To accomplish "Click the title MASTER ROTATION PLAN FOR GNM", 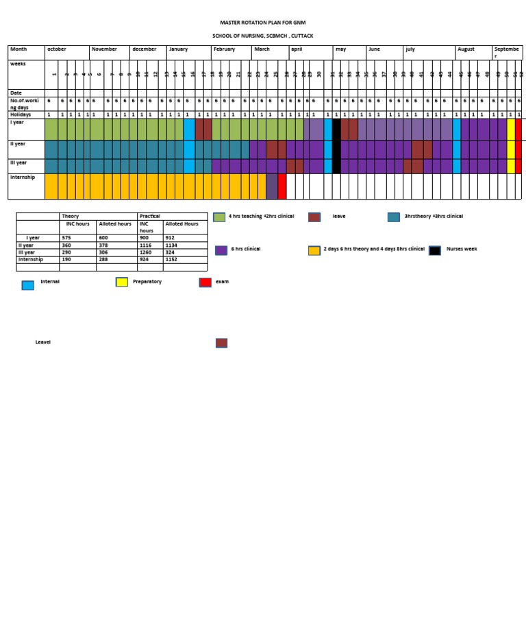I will [x=262, y=23].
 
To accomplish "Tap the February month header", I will [x=224, y=49].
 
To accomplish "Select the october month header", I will [x=57, y=49].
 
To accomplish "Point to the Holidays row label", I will [x=21, y=114].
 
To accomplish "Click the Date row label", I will [x=16, y=93].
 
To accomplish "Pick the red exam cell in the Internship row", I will [x=282, y=186].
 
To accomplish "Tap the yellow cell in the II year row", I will [x=511, y=149].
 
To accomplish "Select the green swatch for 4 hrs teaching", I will [x=219, y=217].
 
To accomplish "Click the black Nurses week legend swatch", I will [x=435, y=250].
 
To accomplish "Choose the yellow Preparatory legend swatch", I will [x=122, y=282].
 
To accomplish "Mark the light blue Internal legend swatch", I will [x=27, y=285].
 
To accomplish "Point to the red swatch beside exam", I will [x=205, y=282].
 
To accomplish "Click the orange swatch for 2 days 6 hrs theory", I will [x=314, y=250].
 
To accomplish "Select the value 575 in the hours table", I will [x=66, y=238].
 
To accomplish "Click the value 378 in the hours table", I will [x=104, y=245].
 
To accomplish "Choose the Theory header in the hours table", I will [x=70, y=216].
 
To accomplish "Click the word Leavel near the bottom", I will [x=43, y=342].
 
